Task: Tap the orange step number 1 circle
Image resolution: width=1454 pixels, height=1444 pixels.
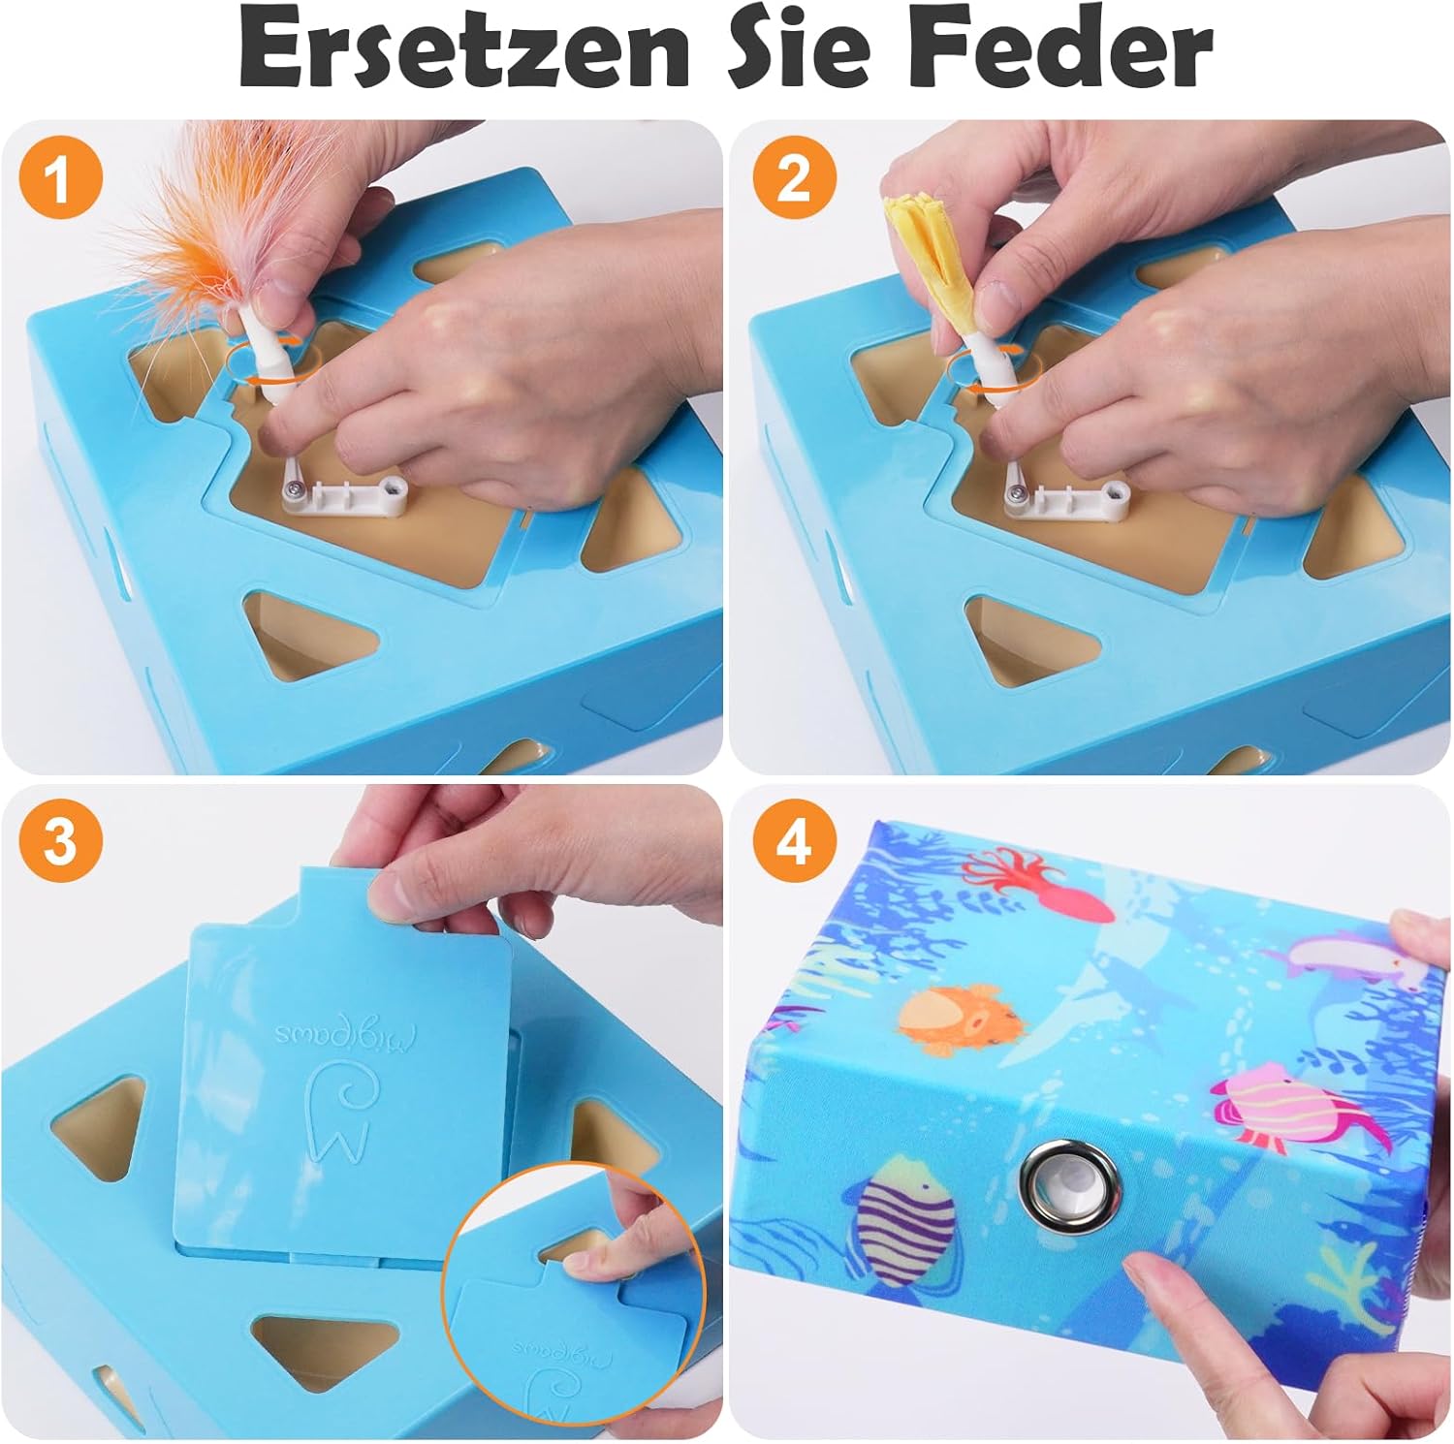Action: [x=59, y=178]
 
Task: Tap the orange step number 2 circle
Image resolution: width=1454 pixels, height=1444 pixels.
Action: [x=793, y=178]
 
